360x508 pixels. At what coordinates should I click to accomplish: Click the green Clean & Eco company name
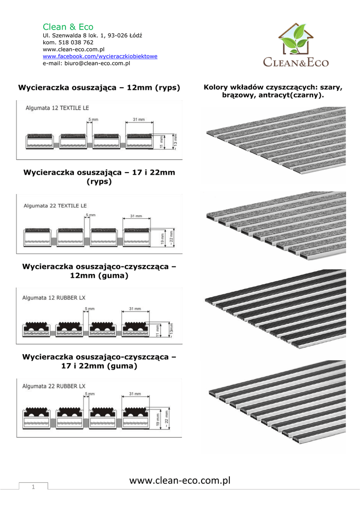pos(68,27)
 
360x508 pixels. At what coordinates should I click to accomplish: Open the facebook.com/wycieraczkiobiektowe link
pos(100,57)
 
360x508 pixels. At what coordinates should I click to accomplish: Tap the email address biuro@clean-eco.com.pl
pos(86,63)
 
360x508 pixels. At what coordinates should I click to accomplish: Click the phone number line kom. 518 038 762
pos(68,43)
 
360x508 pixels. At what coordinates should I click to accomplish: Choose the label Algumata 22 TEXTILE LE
pos(55,205)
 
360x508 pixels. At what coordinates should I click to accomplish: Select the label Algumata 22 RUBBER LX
pos(54,386)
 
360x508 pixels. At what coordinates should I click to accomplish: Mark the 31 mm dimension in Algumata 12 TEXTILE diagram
pos(139,120)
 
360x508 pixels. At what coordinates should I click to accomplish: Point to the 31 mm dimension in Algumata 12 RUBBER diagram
pos(135,309)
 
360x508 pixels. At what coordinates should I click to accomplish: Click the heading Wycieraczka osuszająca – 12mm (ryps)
pos(99,88)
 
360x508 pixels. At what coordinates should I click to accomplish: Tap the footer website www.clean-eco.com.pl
pos(180,480)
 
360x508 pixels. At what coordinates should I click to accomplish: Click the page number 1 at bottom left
pos(33,487)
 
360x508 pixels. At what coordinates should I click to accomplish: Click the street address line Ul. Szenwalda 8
pos(92,36)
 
